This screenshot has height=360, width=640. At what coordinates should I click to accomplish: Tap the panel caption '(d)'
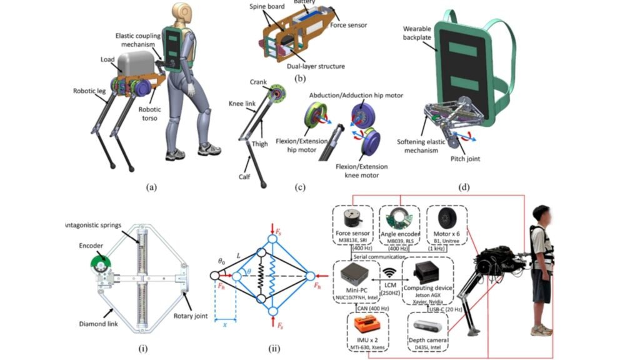(x=464, y=186)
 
